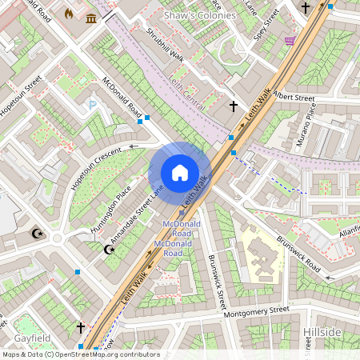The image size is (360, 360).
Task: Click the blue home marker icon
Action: click(180, 173)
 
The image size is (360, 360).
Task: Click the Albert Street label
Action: click(294, 97)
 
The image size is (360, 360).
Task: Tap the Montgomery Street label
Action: click(257, 310)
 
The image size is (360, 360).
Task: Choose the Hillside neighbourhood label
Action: click(322, 332)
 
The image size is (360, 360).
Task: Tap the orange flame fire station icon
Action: click(68, 14)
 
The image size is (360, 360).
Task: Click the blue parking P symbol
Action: click(93, 104)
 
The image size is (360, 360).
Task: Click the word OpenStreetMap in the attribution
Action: click(90, 354)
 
